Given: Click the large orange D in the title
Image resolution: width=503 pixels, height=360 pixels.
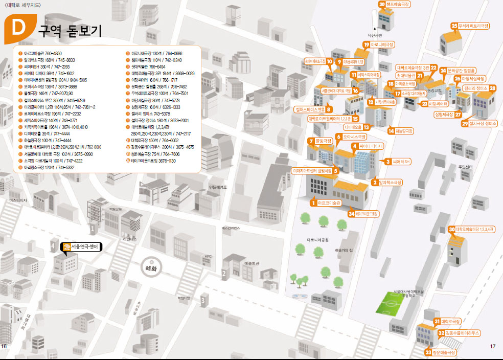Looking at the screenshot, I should (x=17, y=30).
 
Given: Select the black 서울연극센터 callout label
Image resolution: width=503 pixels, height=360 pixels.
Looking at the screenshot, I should (x=82, y=246).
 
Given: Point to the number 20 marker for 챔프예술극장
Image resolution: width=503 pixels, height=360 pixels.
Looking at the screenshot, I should (x=382, y=4).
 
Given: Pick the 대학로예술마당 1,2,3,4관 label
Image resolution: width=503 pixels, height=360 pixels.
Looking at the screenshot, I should (x=474, y=229).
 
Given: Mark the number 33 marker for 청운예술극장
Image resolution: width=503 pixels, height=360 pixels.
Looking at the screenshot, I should (x=428, y=352).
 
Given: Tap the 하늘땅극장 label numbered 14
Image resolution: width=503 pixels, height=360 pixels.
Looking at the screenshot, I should (x=401, y=131).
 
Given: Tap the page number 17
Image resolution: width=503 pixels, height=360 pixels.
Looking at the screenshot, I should (x=493, y=346).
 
